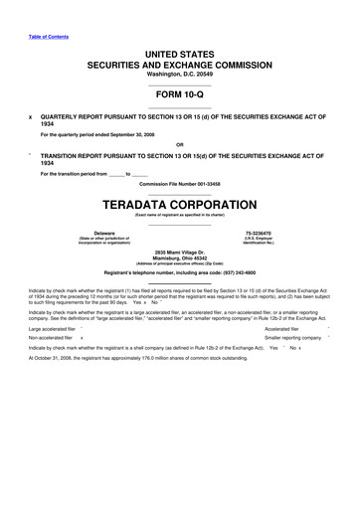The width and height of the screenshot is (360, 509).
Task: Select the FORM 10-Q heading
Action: click(x=179, y=96)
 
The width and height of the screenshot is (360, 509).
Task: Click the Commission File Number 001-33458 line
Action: click(x=180, y=185)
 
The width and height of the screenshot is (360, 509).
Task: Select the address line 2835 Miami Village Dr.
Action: click(x=179, y=254)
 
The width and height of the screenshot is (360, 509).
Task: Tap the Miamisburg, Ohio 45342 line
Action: click(x=179, y=259)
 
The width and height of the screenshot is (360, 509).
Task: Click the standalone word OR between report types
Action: click(x=179, y=144)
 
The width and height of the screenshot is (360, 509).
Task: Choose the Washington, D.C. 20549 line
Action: click(x=179, y=74)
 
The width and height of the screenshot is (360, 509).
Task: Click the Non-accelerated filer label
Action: click(x=50, y=337)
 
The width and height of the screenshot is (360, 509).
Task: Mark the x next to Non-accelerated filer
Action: click(x=82, y=337)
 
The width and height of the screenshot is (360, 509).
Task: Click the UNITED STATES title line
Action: click(x=179, y=51)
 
